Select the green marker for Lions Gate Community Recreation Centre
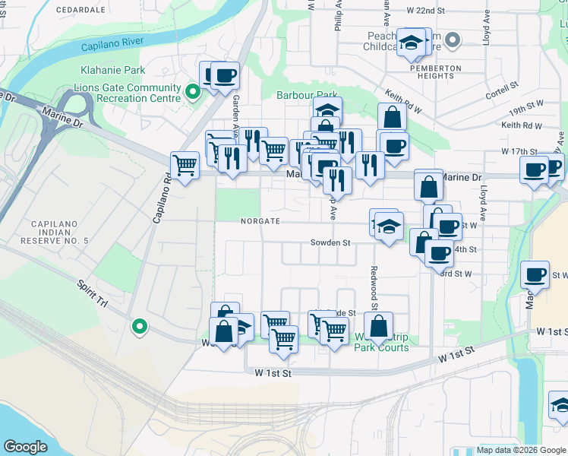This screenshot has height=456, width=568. pyautogui.click(x=193, y=93)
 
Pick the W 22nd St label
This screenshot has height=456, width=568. pyautogui.click(x=425, y=11)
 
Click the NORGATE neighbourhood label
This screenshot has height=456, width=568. pyautogui.click(x=261, y=221)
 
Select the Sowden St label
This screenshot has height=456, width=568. pyautogui.click(x=330, y=243)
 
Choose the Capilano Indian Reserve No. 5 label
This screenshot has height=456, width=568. pyautogui.click(x=60, y=232)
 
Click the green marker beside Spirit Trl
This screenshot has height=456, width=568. pyautogui.click(x=139, y=327)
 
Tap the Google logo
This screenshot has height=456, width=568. pyautogui.click(x=25, y=447)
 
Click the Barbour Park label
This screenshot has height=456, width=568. pyautogui.click(x=306, y=95)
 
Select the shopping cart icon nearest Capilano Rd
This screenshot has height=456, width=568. pyautogui.click(x=185, y=165)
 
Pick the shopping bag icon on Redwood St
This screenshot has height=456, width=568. pyautogui.click(x=378, y=327)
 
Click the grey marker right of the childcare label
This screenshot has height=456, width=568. pyautogui.click(x=453, y=40)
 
